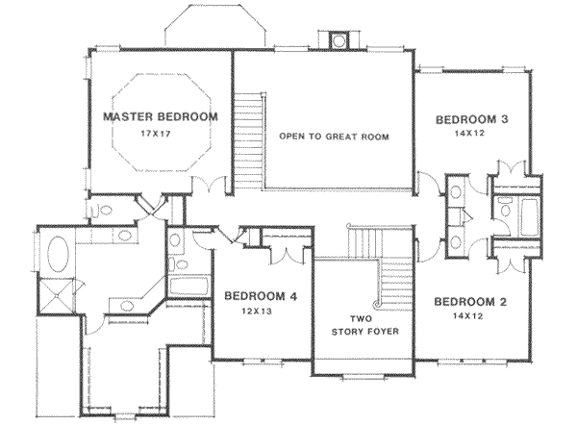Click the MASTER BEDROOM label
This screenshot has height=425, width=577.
coord(161,117)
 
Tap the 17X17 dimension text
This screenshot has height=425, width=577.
coord(156,134)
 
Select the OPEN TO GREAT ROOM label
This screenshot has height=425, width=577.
coord(334,137)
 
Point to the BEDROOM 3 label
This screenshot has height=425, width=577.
coord(472,119)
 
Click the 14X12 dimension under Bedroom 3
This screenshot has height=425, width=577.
coord(469,134)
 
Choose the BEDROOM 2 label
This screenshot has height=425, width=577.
coord(470,302)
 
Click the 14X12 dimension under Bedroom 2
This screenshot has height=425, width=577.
coord(468,315)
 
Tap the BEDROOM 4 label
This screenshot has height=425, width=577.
coord(261,296)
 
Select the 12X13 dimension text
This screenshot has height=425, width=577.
coord(257,312)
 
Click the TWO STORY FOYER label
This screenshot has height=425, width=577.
coord(365,325)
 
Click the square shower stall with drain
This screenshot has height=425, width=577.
coord(57,295)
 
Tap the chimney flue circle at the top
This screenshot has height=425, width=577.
coord(339,40)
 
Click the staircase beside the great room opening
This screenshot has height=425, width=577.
coord(248,140)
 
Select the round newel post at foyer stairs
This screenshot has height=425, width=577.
coord(377,304)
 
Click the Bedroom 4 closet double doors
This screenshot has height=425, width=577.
coord(287,255)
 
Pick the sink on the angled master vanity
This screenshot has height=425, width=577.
coord(127,306)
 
